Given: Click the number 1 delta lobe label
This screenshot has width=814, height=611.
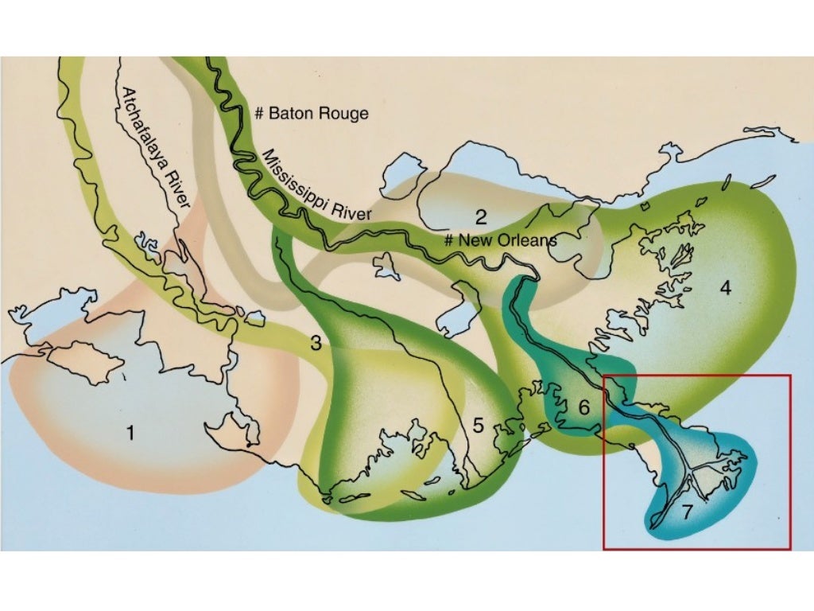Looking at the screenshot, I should point(130,434).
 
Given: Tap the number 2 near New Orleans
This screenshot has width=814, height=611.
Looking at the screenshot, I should point(481,216).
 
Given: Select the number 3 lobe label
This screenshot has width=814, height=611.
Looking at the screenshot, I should point(316,344).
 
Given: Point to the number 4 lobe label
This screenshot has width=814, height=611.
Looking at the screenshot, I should point(725,288).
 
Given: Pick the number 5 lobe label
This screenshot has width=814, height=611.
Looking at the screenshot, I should point(478,425).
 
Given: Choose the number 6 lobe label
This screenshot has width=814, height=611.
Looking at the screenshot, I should point(583,408).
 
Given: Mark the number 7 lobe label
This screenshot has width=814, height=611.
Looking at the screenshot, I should point(687,512).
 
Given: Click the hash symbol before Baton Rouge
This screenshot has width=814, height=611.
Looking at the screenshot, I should point(258,114).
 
